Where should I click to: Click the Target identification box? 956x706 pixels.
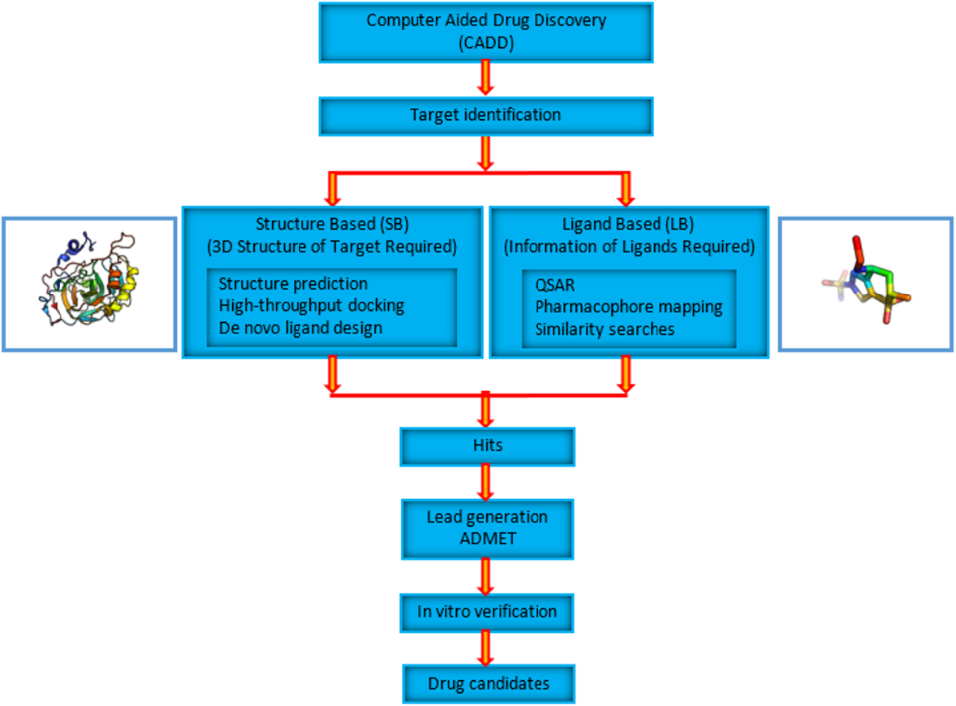(x=485, y=116)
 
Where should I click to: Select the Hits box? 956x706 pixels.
(x=485, y=447)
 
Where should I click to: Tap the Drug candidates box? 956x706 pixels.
(x=487, y=683)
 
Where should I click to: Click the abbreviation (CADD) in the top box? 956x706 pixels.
(x=486, y=41)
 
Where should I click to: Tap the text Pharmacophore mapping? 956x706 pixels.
(x=629, y=306)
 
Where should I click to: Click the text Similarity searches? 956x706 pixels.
(x=606, y=328)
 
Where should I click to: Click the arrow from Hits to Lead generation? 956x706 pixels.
(x=486, y=482)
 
